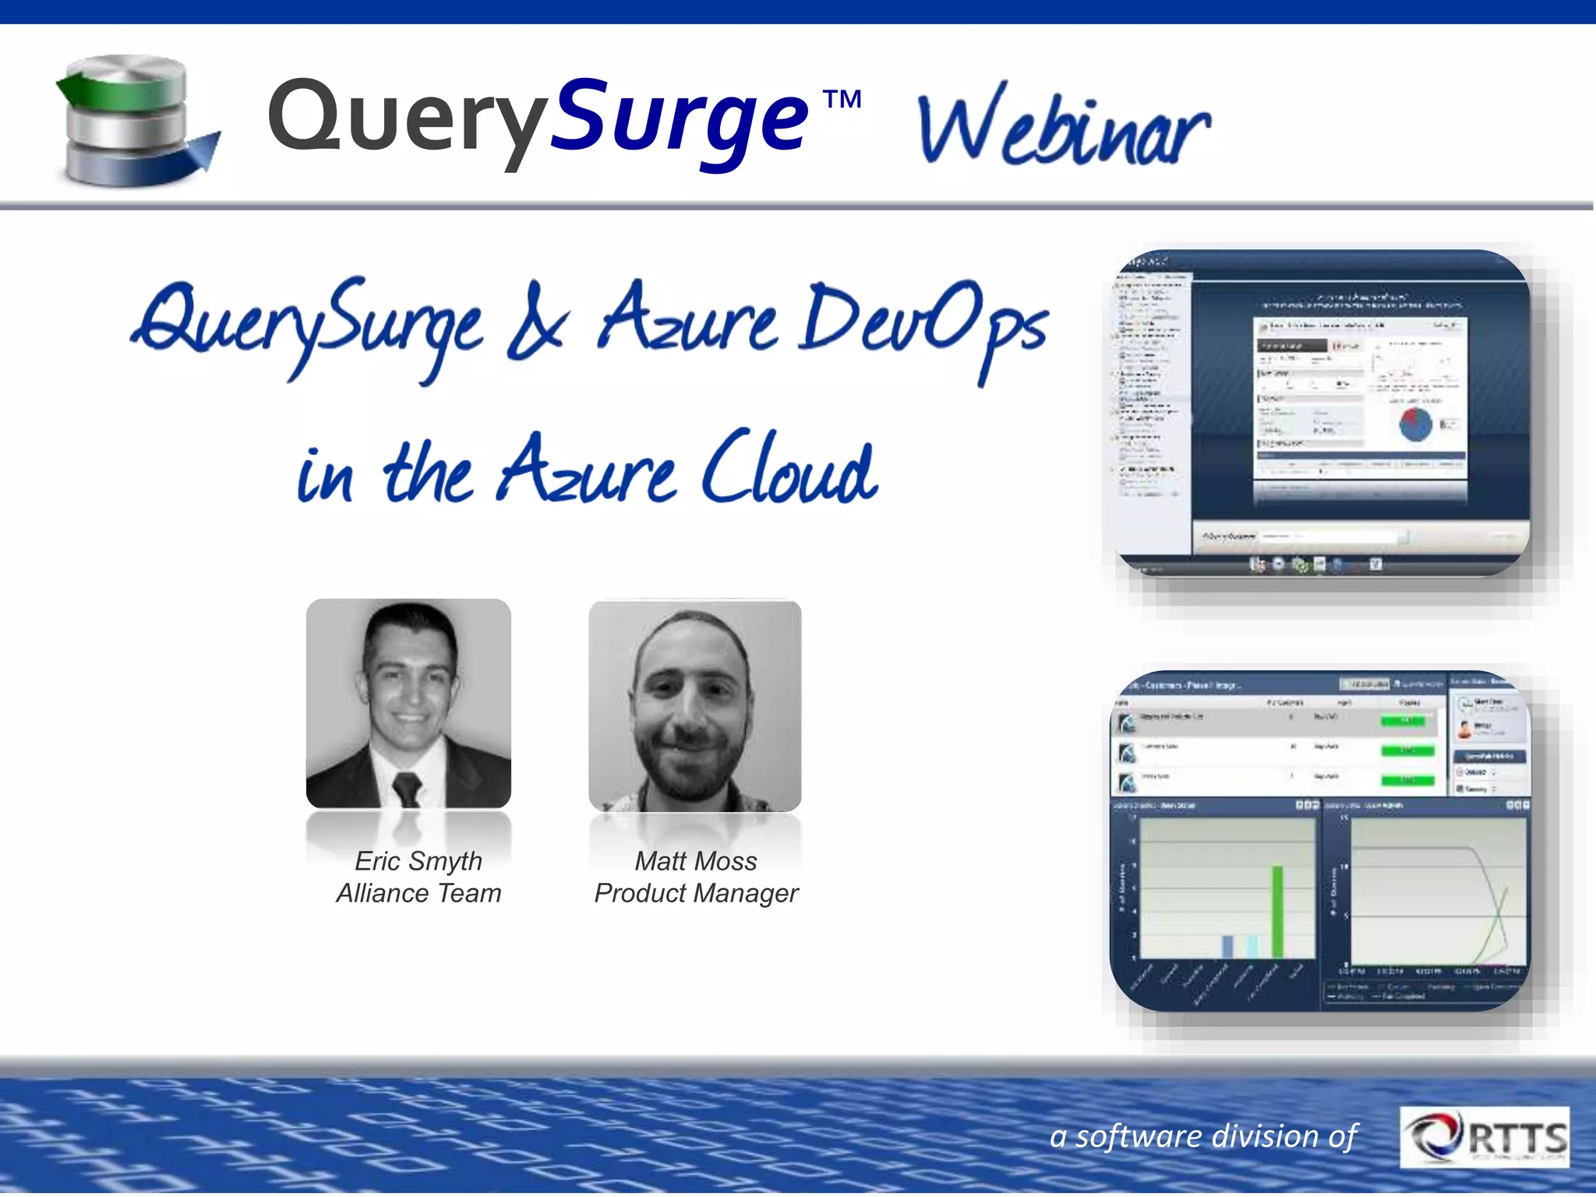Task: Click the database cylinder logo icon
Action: pos(132,121)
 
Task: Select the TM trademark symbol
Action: pos(842,100)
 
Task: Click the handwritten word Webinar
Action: pos(1064,129)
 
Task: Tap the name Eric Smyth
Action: pos(418,861)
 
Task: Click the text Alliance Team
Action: pos(418,893)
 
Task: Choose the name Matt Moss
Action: pos(696,861)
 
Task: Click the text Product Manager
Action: pos(696,893)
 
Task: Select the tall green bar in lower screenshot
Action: pos(1278,912)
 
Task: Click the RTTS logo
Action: pos(1485,1138)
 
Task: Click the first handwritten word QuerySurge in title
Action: pos(308,327)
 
